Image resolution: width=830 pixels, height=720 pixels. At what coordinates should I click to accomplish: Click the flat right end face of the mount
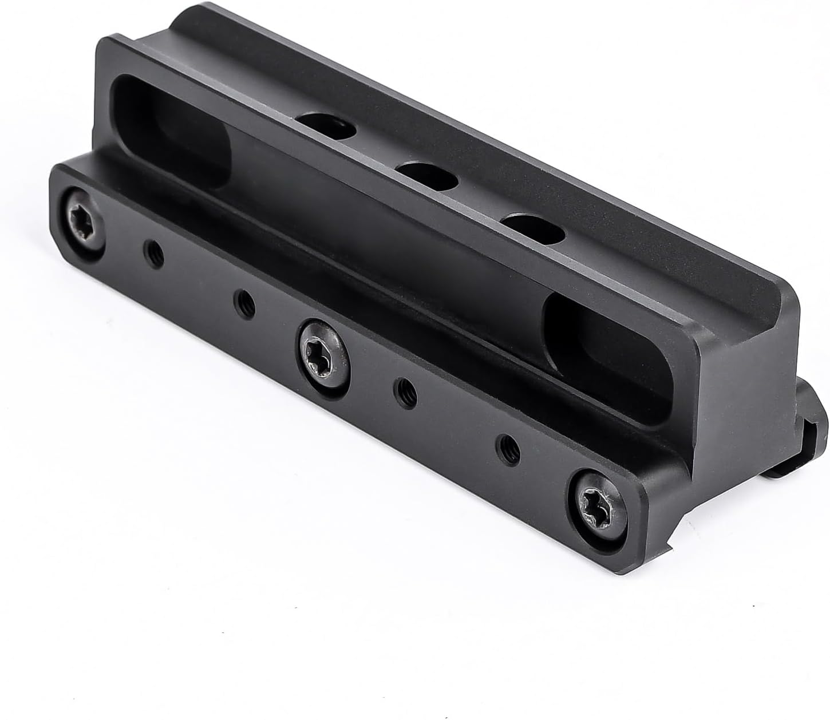tap(750, 401)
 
